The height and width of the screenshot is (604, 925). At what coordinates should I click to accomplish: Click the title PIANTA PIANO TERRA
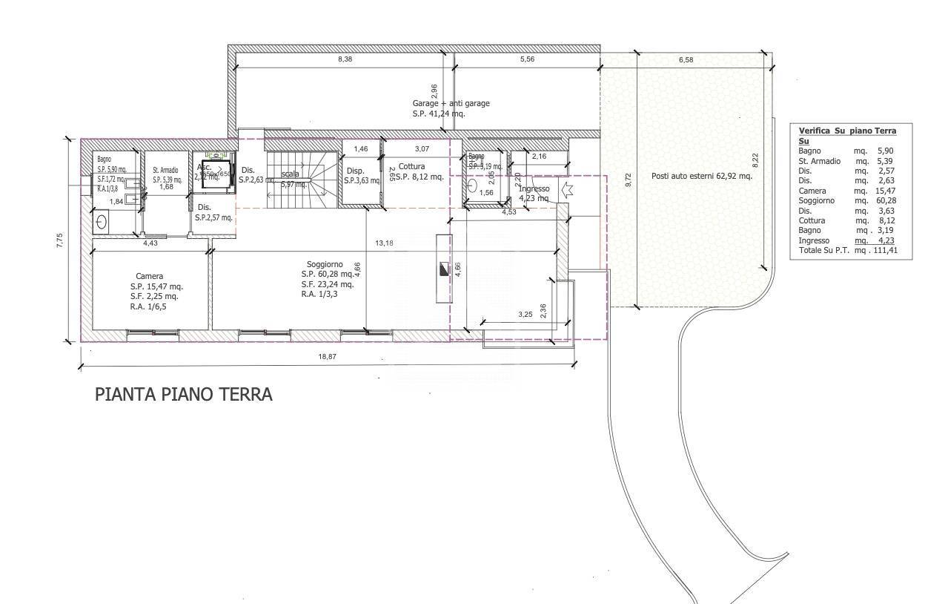[x=183, y=394]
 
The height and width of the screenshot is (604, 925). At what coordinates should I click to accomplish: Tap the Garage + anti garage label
[x=451, y=103]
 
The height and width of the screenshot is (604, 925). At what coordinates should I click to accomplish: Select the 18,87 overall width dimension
[x=327, y=357]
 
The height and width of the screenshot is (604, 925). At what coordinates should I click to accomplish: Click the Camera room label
[x=149, y=276]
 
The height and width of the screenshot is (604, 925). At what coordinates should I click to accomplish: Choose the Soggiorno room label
[x=325, y=264]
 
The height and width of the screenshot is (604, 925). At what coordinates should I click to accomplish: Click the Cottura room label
[x=411, y=166]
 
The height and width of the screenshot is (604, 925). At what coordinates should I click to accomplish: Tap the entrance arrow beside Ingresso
[x=567, y=190]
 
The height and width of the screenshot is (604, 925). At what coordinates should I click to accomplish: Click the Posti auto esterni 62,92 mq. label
[x=701, y=177]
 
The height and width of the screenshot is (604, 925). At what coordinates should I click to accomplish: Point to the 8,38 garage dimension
[x=345, y=59]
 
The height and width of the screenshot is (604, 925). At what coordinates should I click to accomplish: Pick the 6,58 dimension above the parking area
[x=685, y=59]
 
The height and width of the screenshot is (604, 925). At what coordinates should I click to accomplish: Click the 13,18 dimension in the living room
[x=384, y=243]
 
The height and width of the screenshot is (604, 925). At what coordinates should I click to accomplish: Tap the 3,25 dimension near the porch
[x=525, y=315]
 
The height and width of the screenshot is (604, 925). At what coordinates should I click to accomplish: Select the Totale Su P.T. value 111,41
[x=886, y=251]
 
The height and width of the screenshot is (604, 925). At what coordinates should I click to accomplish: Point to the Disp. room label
[x=355, y=170]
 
